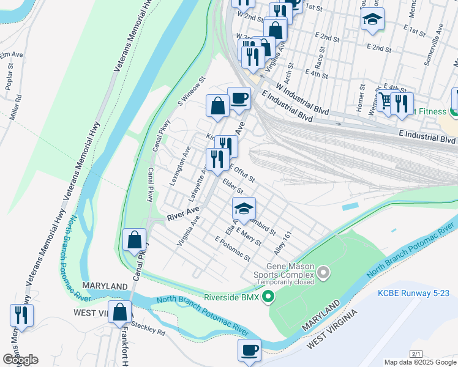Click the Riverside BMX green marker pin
[268, 298]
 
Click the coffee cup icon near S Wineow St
[239, 98]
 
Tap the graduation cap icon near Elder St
[244, 209]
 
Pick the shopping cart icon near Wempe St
[386, 100]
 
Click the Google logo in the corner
[20, 360]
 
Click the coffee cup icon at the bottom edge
[249, 350]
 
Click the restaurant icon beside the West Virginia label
[21, 316]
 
